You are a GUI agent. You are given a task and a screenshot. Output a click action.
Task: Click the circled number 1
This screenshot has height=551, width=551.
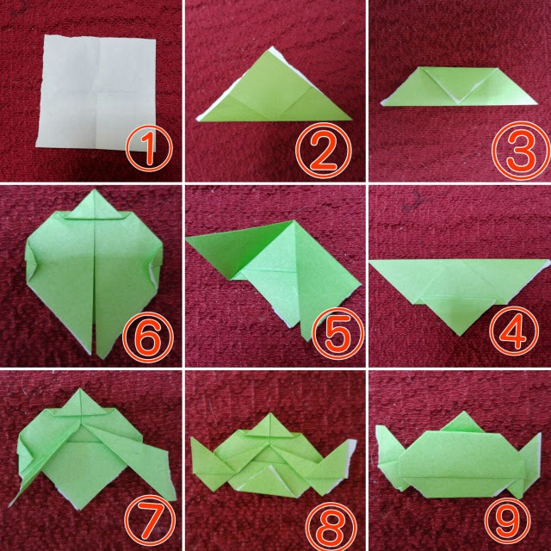pyautogui.click(x=149, y=147)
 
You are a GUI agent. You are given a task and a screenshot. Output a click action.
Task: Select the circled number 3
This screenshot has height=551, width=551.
pyautogui.click(x=521, y=151)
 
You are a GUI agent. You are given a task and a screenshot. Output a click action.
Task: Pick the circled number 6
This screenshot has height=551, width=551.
pyautogui.click(x=148, y=337)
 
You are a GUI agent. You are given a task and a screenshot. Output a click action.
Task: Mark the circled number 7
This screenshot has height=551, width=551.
pyautogui.click(x=150, y=520)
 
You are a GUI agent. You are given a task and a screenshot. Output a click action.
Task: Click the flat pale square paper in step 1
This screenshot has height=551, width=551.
pyautogui.click(x=96, y=93)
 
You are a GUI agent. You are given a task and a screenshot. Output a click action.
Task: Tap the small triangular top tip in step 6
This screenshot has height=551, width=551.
pyautogui.click(x=95, y=204)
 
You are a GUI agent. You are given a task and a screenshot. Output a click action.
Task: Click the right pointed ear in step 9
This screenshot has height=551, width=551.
pyautogui.click(x=529, y=464)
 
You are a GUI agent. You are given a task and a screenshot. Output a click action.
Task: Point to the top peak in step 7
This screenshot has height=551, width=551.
pyautogui.click(x=81, y=389)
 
